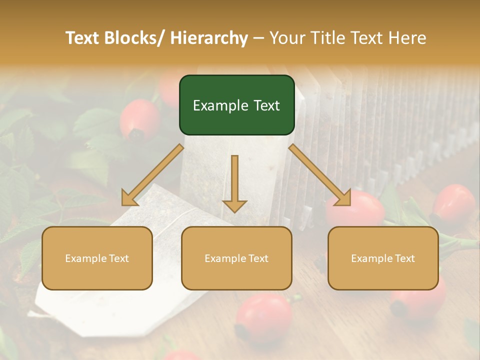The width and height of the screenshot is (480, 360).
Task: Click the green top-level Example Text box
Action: pos(236,105)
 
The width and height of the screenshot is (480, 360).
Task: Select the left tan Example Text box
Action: pos(97,258)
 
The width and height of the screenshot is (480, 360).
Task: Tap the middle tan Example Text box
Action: pos(236,258)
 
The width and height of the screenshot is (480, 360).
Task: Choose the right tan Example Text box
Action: pos(383,258)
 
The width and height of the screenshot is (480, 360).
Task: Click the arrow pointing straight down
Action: pos(234,185)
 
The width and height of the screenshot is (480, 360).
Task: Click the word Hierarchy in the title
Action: pos(209,38)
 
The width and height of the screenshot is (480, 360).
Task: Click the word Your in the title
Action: pos(287,38)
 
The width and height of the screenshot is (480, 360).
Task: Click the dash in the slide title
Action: pos(258,38)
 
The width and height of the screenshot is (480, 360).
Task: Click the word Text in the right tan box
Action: pos(404,258)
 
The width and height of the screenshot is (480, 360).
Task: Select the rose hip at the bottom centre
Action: pos(263,317)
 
